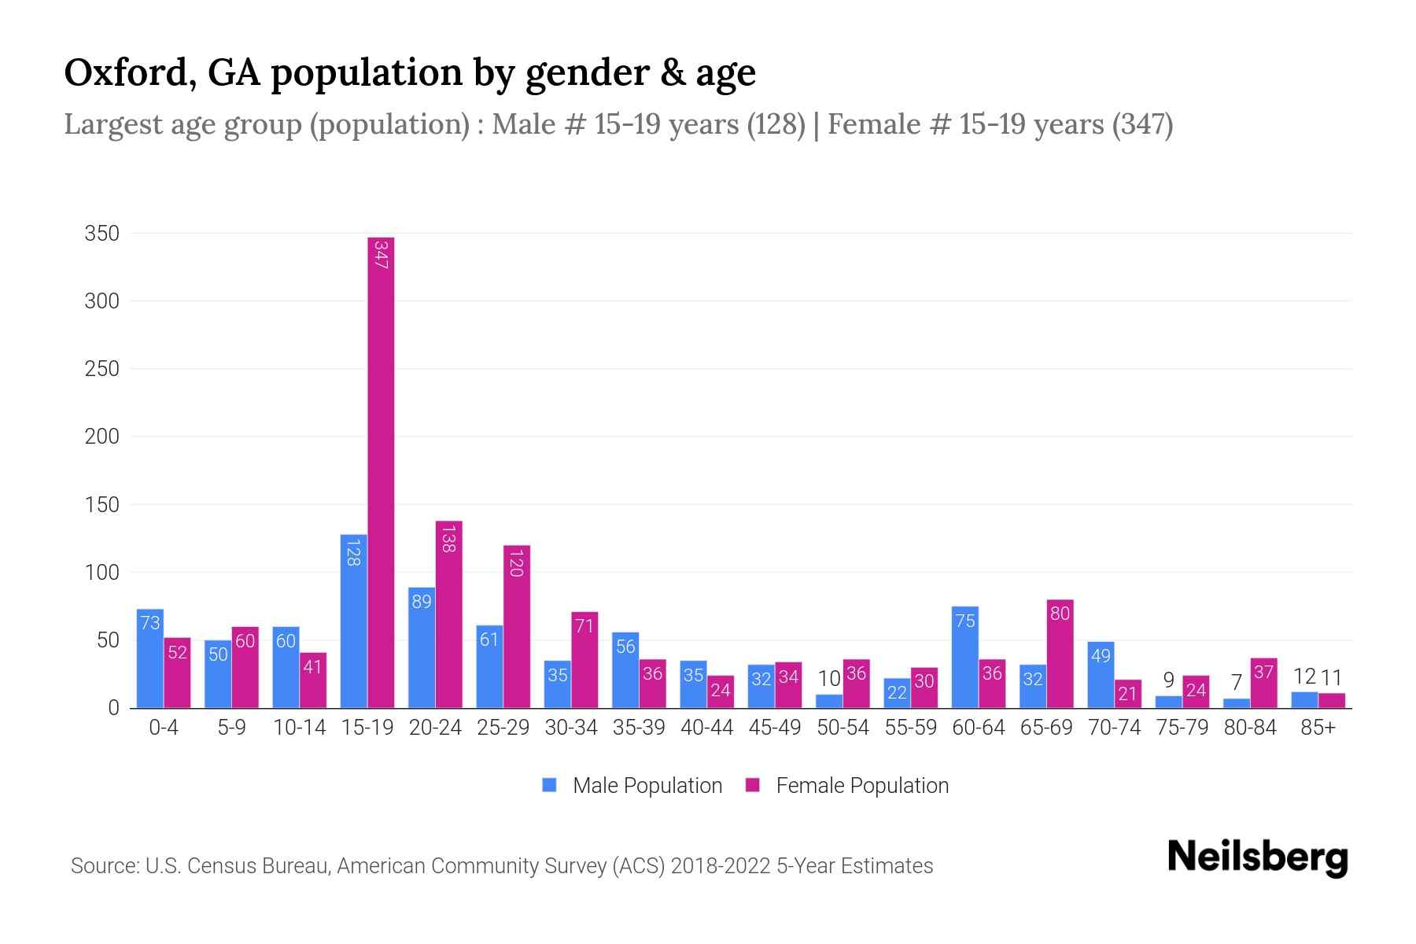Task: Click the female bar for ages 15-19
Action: point(381,472)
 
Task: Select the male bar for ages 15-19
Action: point(354,621)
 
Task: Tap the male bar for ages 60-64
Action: point(964,658)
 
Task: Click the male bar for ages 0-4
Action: point(150,659)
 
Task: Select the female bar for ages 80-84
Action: point(1263,684)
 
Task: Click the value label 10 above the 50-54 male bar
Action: point(829,678)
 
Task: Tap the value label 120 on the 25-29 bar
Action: point(516,563)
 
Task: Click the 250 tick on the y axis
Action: point(102,369)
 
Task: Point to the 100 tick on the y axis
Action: point(102,573)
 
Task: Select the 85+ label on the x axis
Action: point(1318,728)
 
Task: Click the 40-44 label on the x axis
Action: point(706,728)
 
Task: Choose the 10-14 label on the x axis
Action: point(299,728)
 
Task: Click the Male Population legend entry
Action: point(647,786)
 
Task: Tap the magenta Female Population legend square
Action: point(753,785)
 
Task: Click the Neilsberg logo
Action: point(1257,857)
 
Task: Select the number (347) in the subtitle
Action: point(1142,124)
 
